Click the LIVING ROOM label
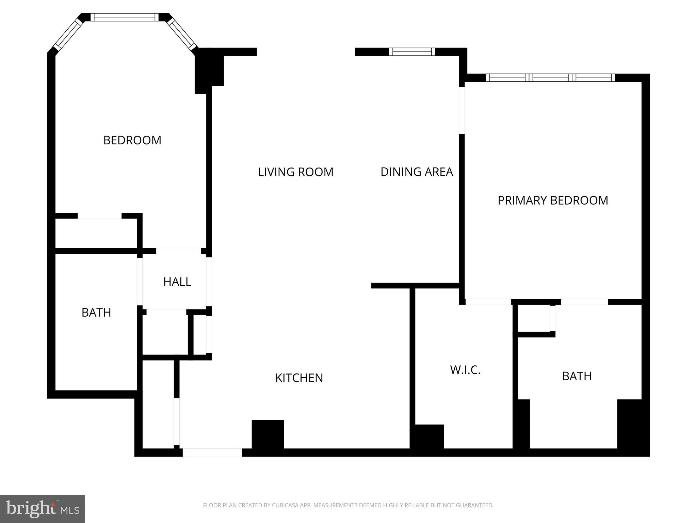pyautogui.click(x=295, y=172)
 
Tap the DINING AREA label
pyautogui.click(x=417, y=172)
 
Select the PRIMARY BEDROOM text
pyautogui.click(x=553, y=200)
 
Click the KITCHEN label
pyautogui.click(x=299, y=378)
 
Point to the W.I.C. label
pyautogui.click(x=465, y=370)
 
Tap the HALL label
pyautogui.click(x=177, y=282)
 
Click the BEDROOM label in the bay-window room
pyautogui.click(x=132, y=140)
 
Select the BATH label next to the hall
pyautogui.click(x=96, y=313)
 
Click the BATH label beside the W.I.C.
pyautogui.click(x=577, y=376)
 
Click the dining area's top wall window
pyautogui.click(x=412, y=52)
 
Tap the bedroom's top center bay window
pyautogui.click(x=125, y=17)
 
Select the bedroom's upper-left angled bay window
pyautogui.click(x=68, y=33)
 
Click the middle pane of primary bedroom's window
pyautogui.click(x=550, y=78)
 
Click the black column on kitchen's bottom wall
pyautogui.click(x=268, y=435)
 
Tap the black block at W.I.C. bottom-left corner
pyautogui.click(x=427, y=437)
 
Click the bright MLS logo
pyautogui.click(x=42, y=509)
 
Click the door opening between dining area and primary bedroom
pyautogui.click(x=462, y=110)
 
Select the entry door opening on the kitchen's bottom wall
pyautogui.click(x=212, y=453)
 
